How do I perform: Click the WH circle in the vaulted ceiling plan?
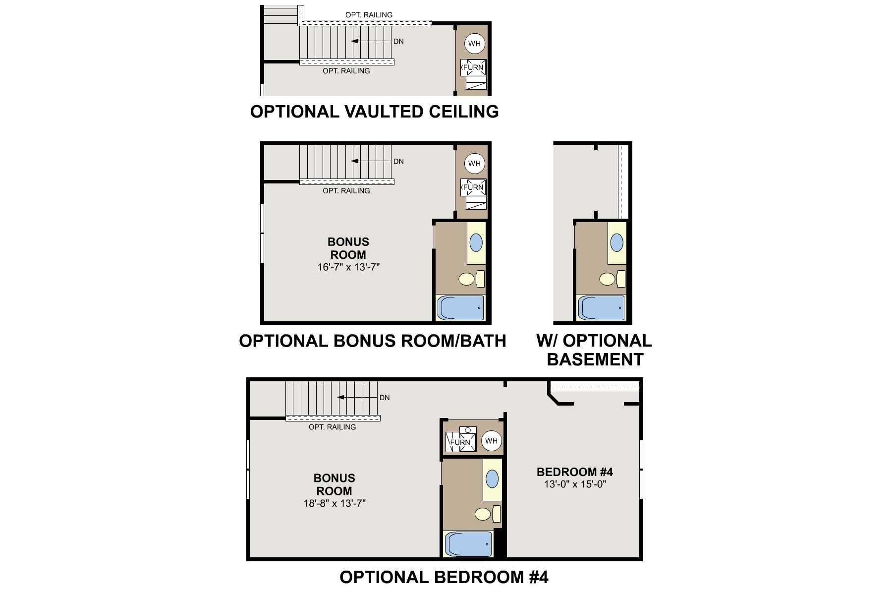tap(474, 44)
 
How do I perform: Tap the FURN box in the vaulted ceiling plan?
tap(473, 67)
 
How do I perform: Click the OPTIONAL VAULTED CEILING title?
tap(374, 112)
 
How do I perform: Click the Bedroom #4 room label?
tap(575, 472)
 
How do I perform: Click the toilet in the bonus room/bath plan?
tap(466, 279)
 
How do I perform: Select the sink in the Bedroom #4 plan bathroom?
tap(492, 479)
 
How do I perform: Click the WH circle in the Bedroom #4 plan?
tap(491, 441)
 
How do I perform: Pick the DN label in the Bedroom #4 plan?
tap(385, 398)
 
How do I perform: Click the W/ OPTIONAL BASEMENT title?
tap(594, 350)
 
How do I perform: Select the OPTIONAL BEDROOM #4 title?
tap(444, 577)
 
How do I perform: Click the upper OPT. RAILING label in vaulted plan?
tap(369, 15)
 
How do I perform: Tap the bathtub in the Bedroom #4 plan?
tap(468, 544)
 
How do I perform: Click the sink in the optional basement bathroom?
tap(616, 242)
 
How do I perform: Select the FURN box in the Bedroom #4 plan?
tap(460, 442)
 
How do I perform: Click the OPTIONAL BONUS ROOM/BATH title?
tap(372, 341)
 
